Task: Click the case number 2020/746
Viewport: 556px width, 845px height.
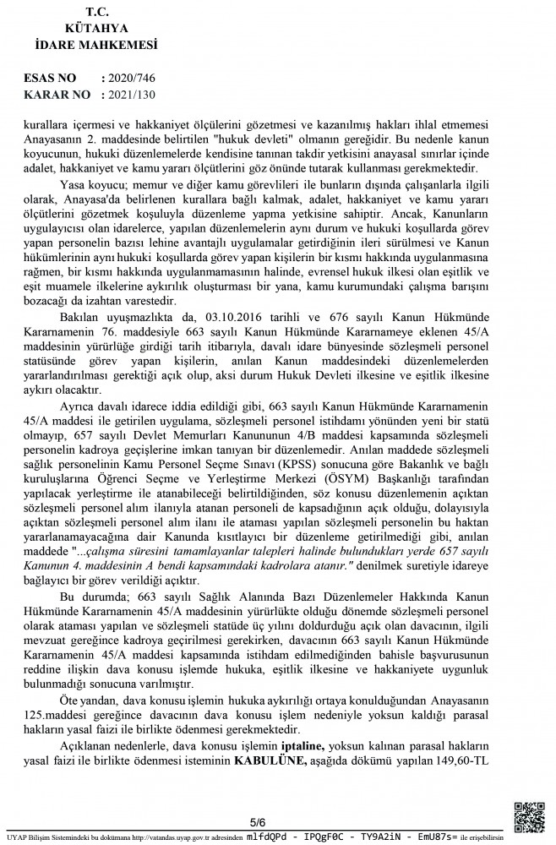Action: (133, 79)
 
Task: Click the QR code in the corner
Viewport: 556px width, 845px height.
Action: (530, 817)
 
